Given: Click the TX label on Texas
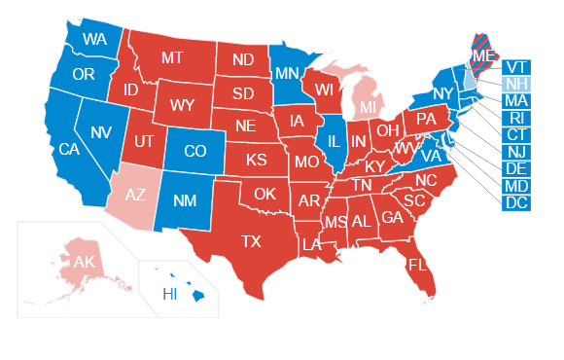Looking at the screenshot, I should (x=252, y=241).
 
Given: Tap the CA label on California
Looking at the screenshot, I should (x=69, y=149).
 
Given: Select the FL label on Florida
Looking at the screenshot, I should (x=417, y=265).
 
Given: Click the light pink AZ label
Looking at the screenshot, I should (x=136, y=195).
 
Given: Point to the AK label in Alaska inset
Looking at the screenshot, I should (x=84, y=262).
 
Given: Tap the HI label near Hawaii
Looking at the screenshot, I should (x=169, y=294).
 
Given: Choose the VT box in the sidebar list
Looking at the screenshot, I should (x=516, y=67).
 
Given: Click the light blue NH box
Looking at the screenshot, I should (x=516, y=84).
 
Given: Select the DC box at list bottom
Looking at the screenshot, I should (x=516, y=202).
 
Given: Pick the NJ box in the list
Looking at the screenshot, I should (x=516, y=152).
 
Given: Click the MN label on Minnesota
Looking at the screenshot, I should (x=286, y=73).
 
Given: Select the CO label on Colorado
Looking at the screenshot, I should (x=194, y=151).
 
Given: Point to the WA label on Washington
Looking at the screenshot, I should (x=94, y=40).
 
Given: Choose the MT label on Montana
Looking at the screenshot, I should (x=172, y=57).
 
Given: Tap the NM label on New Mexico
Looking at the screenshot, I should (x=185, y=201).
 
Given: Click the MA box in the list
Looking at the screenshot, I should (x=516, y=101).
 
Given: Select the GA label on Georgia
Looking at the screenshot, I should (x=393, y=216).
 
